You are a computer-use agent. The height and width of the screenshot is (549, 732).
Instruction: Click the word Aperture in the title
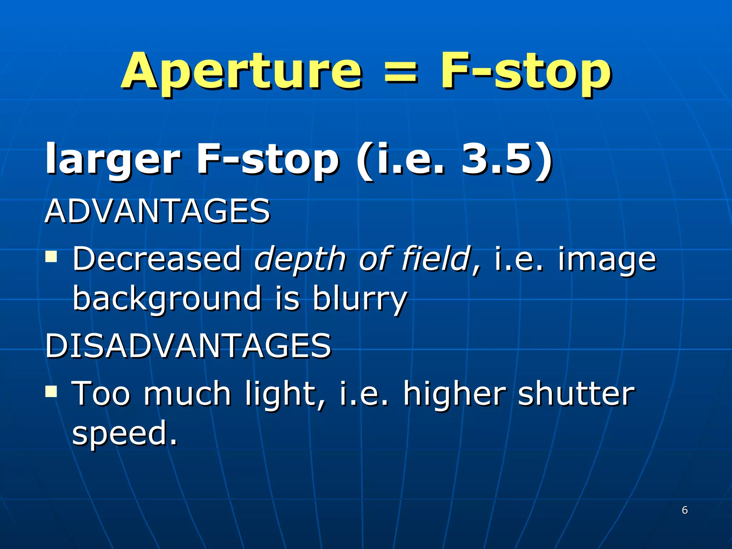click(x=242, y=71)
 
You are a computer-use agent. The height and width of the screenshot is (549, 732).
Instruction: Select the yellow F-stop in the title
click(x=525, y=71)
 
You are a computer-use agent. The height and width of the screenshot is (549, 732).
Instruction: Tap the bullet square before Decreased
click(x=51, y=256)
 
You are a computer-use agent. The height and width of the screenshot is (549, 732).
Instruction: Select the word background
click(x=167, y=298)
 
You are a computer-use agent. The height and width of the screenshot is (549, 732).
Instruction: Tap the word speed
click(x=124, y=433)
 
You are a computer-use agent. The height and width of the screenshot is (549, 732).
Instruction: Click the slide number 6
click(x=684, y=510)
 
